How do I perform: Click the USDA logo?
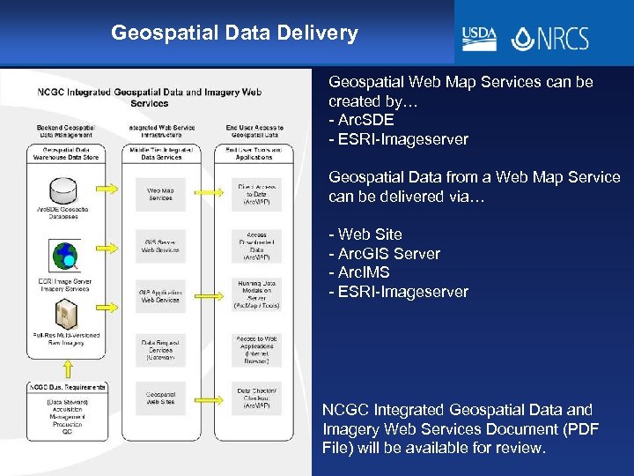pyautogui.click(x=480, y=38)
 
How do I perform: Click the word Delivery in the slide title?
pyautogui.click(x=314, y=33)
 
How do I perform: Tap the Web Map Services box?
pyautogui.click(x=160, y=195)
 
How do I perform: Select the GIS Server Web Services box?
pyautogui.click(x=160, y=246)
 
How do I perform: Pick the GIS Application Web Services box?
pyautogui.click(x=160, y=296)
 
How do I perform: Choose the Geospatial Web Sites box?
pyautogui.click(x=160, y=398)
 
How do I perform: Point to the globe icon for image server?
pyautogui.click(x=63, y=257)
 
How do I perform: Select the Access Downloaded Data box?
pyautogui.click(x=256, y=247)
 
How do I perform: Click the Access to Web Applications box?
pyautogui.click(x=256, y=350)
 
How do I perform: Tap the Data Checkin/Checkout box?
pyautogui.click(x=256, y=398)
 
